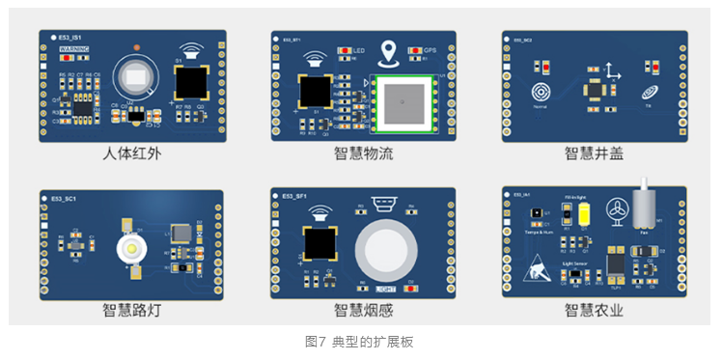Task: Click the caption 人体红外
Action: tap(132, 152)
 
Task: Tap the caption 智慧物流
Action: tap(363, 152)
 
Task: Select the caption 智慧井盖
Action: tap(594, 152)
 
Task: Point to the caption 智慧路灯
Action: tap(132, 310)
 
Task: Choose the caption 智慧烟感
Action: tap(363, 310)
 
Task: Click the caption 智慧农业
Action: tap(594, 310)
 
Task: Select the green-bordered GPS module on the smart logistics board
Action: tap(404, 101)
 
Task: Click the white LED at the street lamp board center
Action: tap(128, 249)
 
